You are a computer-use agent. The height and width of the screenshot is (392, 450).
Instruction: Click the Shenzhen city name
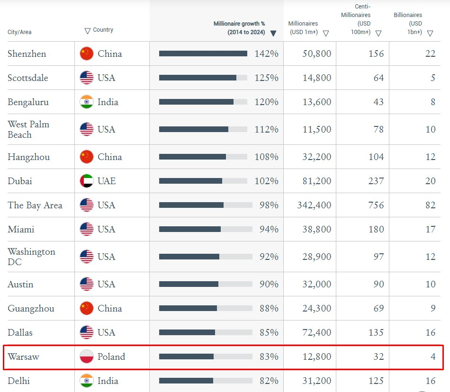click(27, 53)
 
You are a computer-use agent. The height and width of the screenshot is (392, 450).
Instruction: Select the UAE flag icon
click(86, 181)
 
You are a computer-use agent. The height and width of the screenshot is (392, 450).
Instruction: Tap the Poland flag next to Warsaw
click(86, 356)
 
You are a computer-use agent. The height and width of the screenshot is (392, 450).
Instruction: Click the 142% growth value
click(266, 53)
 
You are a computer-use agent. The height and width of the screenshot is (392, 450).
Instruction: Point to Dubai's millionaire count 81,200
click(316, 181)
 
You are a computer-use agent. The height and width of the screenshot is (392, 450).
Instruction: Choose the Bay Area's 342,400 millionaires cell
click(314, 205)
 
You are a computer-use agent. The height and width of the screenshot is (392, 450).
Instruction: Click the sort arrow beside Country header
click(88, 31)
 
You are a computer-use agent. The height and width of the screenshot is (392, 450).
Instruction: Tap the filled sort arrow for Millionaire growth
click(273, 33)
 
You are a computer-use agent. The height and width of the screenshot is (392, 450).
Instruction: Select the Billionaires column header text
click(408, 24)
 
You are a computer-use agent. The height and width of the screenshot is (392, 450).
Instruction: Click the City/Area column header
click(19, 32)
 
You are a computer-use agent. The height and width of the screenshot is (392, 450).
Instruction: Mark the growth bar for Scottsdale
click(198, 78)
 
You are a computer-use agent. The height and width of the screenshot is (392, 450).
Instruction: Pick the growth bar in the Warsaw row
click(187, 356)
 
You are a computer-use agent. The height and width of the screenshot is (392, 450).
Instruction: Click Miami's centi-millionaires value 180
click(376, 229)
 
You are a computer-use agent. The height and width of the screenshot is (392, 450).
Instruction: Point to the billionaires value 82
click(430, 205)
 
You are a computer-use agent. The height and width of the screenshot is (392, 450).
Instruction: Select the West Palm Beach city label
click(28, 129)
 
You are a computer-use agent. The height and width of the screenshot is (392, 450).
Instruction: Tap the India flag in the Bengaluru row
click(86, 102)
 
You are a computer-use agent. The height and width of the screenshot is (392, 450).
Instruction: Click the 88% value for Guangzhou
click(269, 308)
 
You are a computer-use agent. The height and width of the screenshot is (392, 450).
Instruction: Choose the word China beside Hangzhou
click(109, 157)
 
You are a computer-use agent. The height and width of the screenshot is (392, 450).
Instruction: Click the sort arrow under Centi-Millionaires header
click(378, 34)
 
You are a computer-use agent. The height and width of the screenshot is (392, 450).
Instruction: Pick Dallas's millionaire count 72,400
click(316, 332)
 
